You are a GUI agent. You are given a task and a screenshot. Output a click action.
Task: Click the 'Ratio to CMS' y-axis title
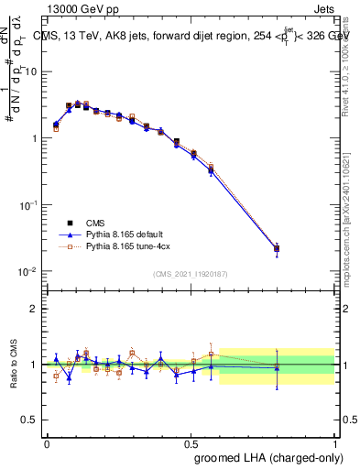tap(14, 365)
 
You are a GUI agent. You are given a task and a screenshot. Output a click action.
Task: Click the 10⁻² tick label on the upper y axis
tap(29, 272)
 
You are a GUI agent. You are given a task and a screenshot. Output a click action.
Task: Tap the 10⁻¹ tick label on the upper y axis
tap(29, 205)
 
